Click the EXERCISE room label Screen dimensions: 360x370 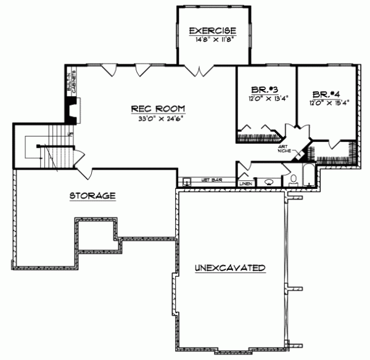(x=213, y=30)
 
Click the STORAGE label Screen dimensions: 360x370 (x=92, y=196)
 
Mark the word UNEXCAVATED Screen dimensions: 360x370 (x=231, y=269)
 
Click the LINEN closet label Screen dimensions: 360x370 (x=246, y=183)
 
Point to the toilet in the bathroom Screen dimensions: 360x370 (x=294, y=180)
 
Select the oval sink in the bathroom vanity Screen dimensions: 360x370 (x=270, y=182)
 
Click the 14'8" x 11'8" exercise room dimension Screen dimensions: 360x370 (x=213, y=38)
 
